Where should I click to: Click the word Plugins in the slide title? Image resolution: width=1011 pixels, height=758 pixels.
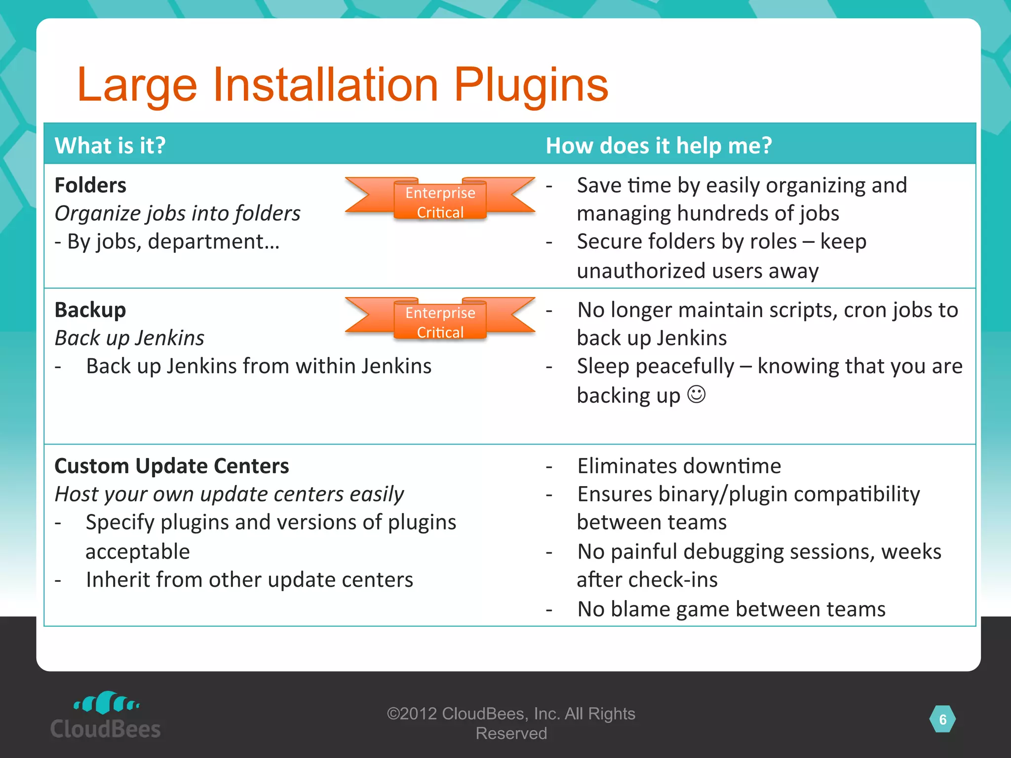point(531,85)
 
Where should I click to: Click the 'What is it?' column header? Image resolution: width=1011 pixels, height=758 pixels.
point(110,146)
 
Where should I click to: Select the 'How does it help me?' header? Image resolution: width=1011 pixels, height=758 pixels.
point(659,146)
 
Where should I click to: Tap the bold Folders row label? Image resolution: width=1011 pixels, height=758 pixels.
point(90,186)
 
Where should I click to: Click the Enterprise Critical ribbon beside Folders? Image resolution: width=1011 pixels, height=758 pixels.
point(440,199)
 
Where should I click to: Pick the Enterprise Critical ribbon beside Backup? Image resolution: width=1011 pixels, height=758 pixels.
point(440,319)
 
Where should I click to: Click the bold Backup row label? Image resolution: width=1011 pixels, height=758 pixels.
point(90,310)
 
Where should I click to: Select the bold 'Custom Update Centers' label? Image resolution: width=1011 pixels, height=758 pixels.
point(172,466)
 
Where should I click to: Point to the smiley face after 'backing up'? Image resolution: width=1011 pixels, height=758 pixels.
point(697,395)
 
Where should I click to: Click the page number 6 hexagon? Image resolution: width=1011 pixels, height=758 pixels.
point(942,720)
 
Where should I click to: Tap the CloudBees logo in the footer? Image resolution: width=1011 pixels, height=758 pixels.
point(106,716)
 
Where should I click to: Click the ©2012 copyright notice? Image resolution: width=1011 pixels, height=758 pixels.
point(511,723)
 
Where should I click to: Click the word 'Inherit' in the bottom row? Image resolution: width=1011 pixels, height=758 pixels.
point(117,580)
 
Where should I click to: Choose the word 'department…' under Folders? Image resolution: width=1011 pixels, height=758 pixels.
point(213,242)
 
